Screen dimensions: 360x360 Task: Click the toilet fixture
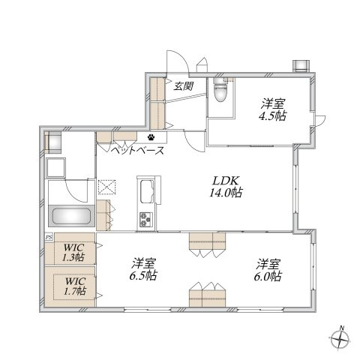click(x=220, y=90)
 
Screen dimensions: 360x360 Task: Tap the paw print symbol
click(x=151, y=136)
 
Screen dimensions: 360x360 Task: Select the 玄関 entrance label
click(x=184, y=86)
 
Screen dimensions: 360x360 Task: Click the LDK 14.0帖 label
click(x=226, y=187)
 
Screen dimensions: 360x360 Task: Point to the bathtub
click(x=71, y=216)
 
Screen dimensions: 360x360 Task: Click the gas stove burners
click(x=146, y=219)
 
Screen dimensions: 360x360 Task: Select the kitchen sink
click(x=147, y=191)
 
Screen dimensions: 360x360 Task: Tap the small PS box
click(x=49, y=236)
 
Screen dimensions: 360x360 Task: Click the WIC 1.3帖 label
click(x=73, y=252)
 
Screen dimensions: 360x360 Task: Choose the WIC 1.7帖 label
click(x=75, y=286)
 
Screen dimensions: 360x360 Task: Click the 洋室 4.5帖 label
click(x=273, y=110)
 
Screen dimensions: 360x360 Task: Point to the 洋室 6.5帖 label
click(x=143, y=269)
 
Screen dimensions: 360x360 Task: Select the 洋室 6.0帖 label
click(x=268, y=270)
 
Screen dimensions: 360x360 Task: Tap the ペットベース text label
click(x=137, y=151)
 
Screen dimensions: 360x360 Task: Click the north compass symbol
click(x=340, y=340)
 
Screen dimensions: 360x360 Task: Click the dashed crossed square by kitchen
click(x=107, y=187)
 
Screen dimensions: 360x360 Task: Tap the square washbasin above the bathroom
click(x=55, y=168)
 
